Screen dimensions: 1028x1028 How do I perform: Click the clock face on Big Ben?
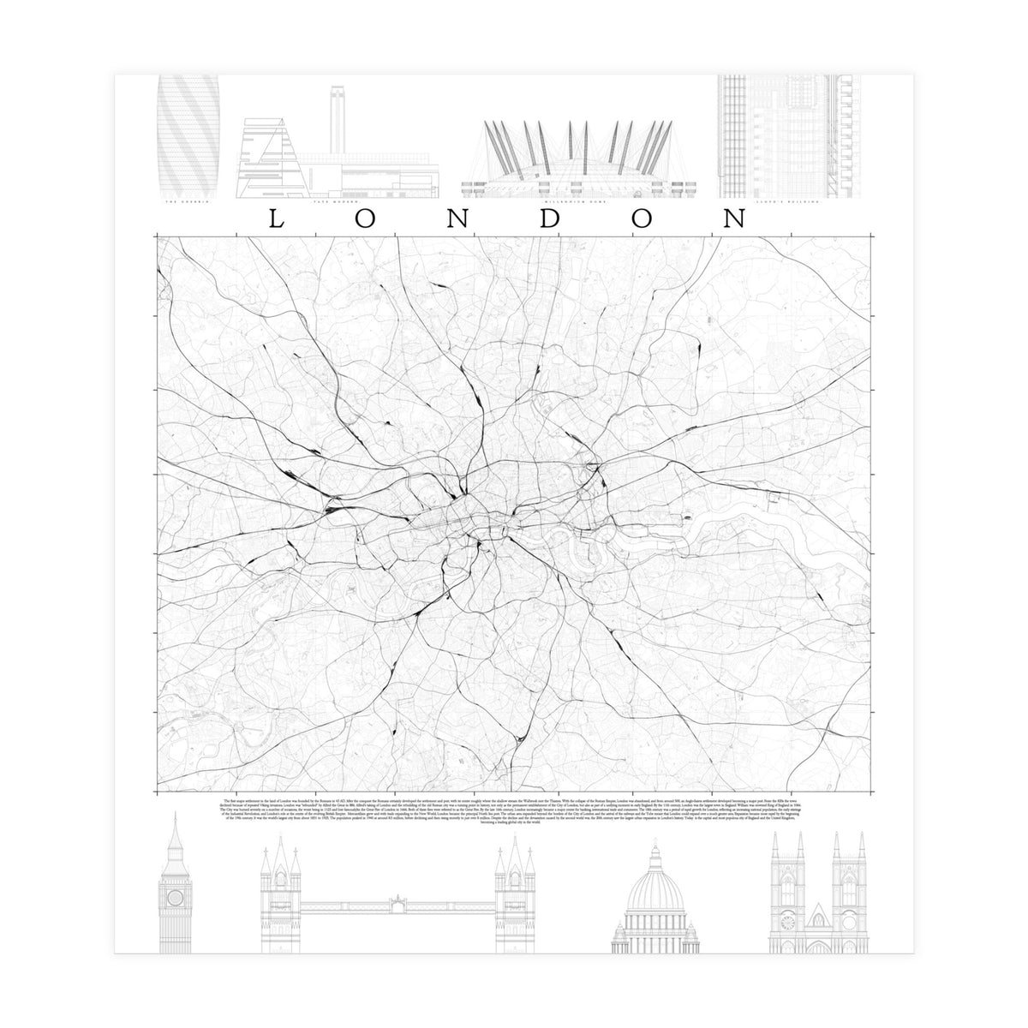pos(175,897)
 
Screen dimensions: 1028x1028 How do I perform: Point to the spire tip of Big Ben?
pos(175,812)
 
